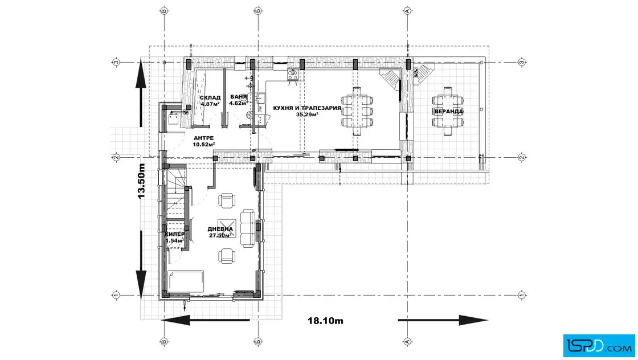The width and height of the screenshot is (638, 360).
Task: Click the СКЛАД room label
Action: (x=210, y=97)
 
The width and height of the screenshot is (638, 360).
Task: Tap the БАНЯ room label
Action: (x=239, y=97)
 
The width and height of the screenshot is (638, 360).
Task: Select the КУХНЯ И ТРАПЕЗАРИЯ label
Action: (x=307, y=108)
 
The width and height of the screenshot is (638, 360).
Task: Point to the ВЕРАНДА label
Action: (x=448, y=111)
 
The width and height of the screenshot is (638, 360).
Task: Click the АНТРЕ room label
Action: (x=203, y=138)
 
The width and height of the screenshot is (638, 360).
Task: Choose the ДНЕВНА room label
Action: (x=220, y=230)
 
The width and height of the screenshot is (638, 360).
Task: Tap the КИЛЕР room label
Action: (x=174, y=235)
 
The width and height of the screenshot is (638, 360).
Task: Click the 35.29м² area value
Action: (x=307, y=114)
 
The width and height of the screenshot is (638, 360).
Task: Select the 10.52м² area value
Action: (x=204, y=145)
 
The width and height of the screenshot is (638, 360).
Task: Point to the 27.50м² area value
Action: (x=220, y=235)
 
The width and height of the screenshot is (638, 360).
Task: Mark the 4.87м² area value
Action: (x=210, y=104)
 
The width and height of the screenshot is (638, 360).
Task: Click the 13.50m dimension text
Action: (x=141, y=181)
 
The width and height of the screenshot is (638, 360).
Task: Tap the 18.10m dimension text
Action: (x=325, y=321)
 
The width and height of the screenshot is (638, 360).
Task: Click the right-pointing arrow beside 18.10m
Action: (x=443, y=320)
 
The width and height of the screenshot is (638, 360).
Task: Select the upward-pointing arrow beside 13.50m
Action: (x=141, y=92)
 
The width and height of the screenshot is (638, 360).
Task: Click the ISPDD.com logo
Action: (x=599, y=346)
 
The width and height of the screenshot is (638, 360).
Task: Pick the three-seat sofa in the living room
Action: (x=247, y=228)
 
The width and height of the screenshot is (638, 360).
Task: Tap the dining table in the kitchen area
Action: (x=357, y=111)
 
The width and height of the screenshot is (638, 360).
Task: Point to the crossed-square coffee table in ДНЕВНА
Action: (x=227, y=228)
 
